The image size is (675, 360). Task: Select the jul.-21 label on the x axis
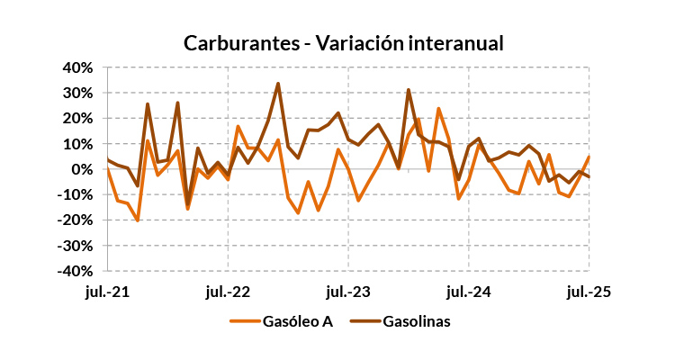tap(108, 292)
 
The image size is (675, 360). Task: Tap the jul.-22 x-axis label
tap(228, 292)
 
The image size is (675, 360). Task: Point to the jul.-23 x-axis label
tap(348, 292)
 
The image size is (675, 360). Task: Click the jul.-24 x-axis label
tap(469, 292)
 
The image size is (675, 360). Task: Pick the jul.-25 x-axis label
tap(589, 292)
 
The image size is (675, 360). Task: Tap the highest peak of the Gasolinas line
tap(278, 84)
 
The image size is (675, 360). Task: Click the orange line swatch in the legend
tap(244, 321)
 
